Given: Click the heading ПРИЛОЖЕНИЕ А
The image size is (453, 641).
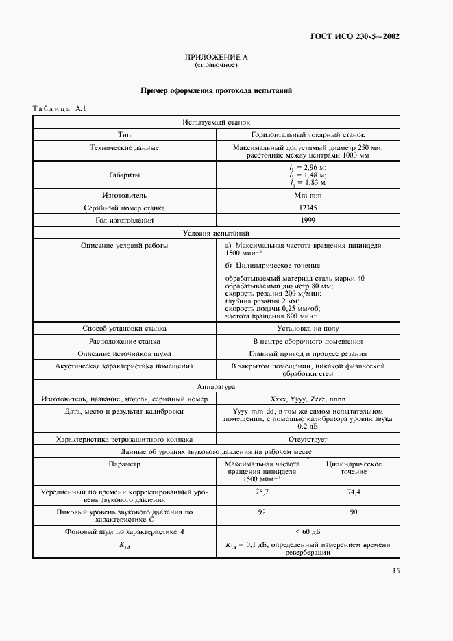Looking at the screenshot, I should tap(216, 58).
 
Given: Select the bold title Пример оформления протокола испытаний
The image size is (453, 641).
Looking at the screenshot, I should tap(216, 90).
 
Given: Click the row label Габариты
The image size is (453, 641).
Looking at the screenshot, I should tap(125, 175).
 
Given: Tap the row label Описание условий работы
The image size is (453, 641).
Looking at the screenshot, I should tap(125, 245).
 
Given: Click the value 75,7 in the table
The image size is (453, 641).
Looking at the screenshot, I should tap(261, 492).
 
